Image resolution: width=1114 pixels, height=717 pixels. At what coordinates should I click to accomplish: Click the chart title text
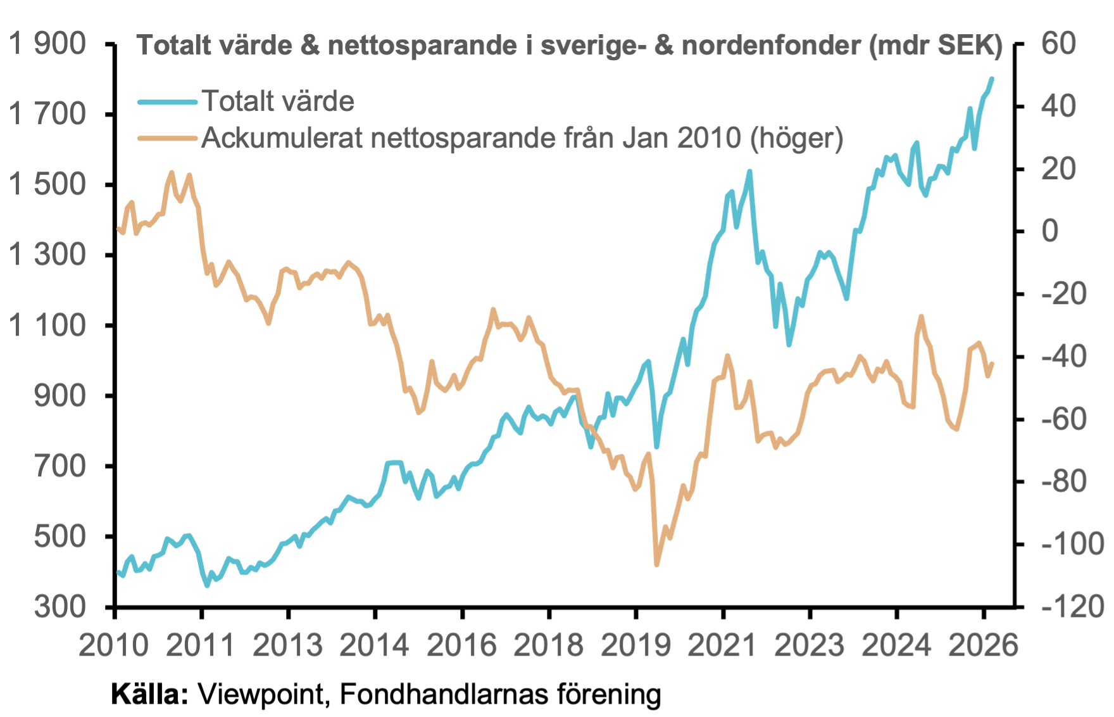click(x=570, y=46)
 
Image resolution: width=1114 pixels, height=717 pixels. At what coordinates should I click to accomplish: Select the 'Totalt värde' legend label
click(x=278, y=101)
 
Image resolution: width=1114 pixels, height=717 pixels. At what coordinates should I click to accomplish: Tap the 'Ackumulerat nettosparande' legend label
click(x=522, y=137)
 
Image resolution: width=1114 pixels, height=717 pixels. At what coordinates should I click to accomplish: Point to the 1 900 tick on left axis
click(x=47, y=44)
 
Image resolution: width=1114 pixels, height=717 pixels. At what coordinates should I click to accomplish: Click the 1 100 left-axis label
click(x=47, y=326)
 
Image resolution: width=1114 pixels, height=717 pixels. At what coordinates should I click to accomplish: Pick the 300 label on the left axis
click(x=60, y=607)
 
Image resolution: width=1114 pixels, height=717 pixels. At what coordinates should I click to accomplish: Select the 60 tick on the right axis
click(x=1059, y=44)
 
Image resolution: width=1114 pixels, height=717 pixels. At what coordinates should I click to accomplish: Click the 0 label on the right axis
click(x=1050, y=231)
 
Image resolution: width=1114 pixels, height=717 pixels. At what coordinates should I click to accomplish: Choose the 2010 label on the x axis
click(x=114, y=645)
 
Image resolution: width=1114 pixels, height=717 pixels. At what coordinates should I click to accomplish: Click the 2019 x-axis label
click(x=635, y=645)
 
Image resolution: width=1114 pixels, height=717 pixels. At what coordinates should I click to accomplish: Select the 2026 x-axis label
click(x=984, y=645)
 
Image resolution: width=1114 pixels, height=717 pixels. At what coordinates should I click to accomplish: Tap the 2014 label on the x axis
click(x=375, y=645)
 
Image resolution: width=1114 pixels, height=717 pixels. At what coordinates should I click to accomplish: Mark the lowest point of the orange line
click(x=656, y=564)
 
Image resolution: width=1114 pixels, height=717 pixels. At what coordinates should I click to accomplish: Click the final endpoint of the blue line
click(x=992, y=79)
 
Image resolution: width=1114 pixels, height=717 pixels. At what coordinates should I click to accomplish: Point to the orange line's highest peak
click(x=172, y=172)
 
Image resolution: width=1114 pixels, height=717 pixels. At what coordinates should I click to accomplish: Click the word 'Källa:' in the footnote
click(x=149, y=694)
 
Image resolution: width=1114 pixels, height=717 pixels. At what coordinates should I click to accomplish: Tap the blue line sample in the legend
click(x=168, y=101)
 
